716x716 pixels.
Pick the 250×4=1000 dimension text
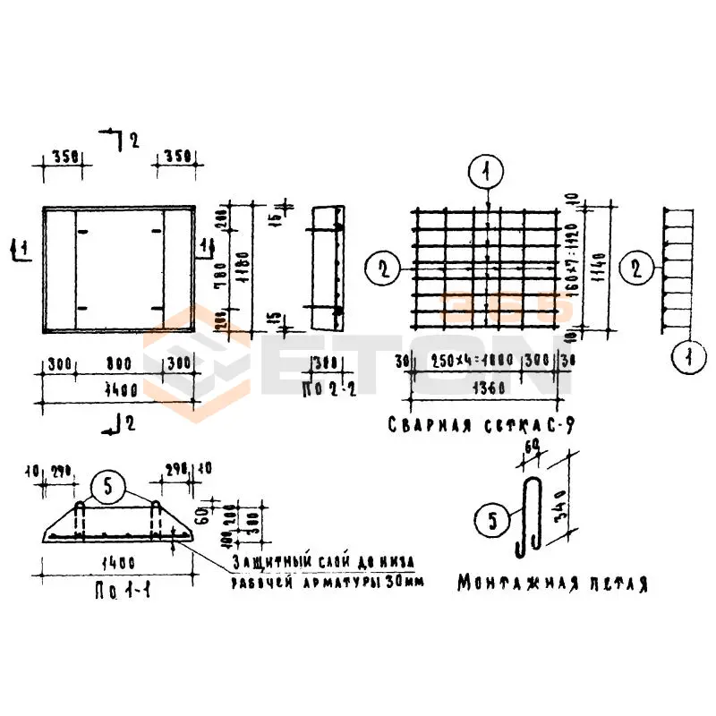[x=469, y=362]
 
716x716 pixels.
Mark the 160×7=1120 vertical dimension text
[x=580, y=266]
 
